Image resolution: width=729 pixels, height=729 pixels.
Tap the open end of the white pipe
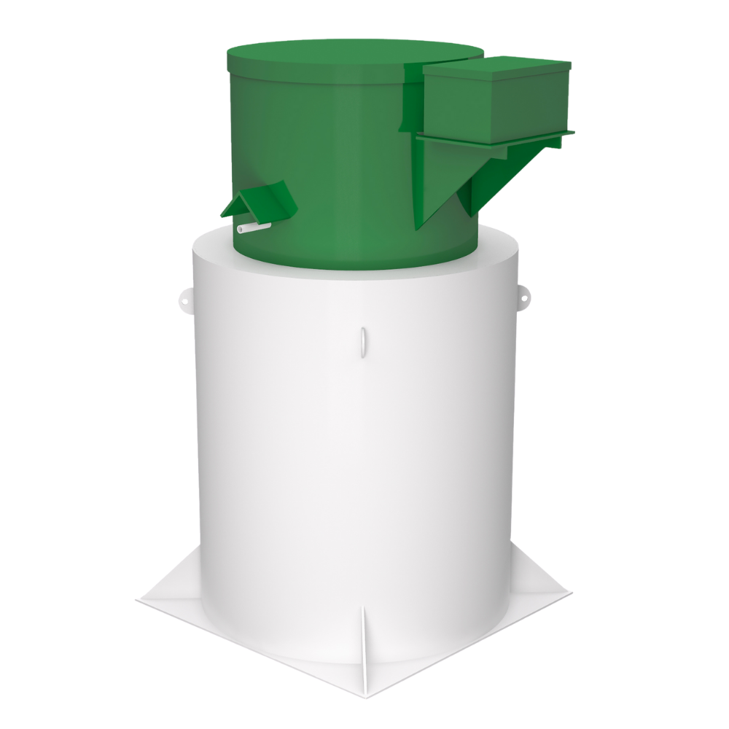[x=241, y=230]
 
